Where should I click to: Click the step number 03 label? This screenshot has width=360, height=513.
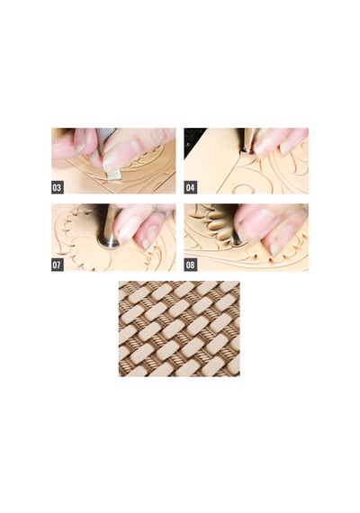pos(57,187)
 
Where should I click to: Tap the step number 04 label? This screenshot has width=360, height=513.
pos(190,187)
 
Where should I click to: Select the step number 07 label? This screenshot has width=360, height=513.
pos(57,265)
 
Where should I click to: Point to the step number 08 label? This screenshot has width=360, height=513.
pos(190,265)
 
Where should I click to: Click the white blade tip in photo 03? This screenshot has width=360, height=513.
pos(114,175)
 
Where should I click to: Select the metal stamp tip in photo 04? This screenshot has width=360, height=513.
pos(246,151)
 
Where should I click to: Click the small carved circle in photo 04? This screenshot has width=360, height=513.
pos(245,188)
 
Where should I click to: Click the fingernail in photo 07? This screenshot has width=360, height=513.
pos(147,243)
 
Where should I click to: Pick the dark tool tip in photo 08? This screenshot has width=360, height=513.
pos(237,241)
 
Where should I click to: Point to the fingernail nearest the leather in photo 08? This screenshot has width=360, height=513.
pos(274,249)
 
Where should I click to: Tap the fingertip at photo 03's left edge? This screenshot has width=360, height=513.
pos(60,148)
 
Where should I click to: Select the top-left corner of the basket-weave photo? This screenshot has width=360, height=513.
pos(119,281)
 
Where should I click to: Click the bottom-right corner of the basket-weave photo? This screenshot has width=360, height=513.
pos(239,376)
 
